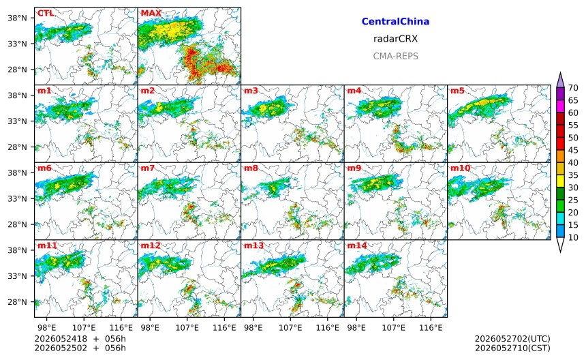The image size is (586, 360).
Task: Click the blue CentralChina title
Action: [395, 21]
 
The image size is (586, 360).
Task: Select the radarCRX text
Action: [395, 38]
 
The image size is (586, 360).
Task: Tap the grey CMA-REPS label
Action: [395, 56]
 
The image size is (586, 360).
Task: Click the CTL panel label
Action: [46, 13]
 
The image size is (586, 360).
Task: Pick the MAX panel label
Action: [151, 13]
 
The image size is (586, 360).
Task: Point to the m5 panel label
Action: [457, 91]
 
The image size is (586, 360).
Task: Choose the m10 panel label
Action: [460, 168]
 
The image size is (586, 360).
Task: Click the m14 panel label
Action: [357, 245]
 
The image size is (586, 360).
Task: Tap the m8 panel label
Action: [251, 168]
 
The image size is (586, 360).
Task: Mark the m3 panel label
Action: [251, 91]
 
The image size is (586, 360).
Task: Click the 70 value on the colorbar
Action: [573, 88]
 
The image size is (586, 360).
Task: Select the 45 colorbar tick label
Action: [573, 150]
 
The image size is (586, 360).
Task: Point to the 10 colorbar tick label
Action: [573, 237]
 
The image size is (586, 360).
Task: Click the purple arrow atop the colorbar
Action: [560, 80]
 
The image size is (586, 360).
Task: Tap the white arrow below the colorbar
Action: [560, 245]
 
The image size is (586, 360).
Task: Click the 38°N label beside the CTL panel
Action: [17, 18]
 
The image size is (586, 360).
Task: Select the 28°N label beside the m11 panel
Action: [17, 302]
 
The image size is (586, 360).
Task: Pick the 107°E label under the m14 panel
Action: [394, 328]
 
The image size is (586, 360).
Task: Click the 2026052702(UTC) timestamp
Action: [512, 339]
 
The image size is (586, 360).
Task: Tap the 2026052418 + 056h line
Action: [80, 339]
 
